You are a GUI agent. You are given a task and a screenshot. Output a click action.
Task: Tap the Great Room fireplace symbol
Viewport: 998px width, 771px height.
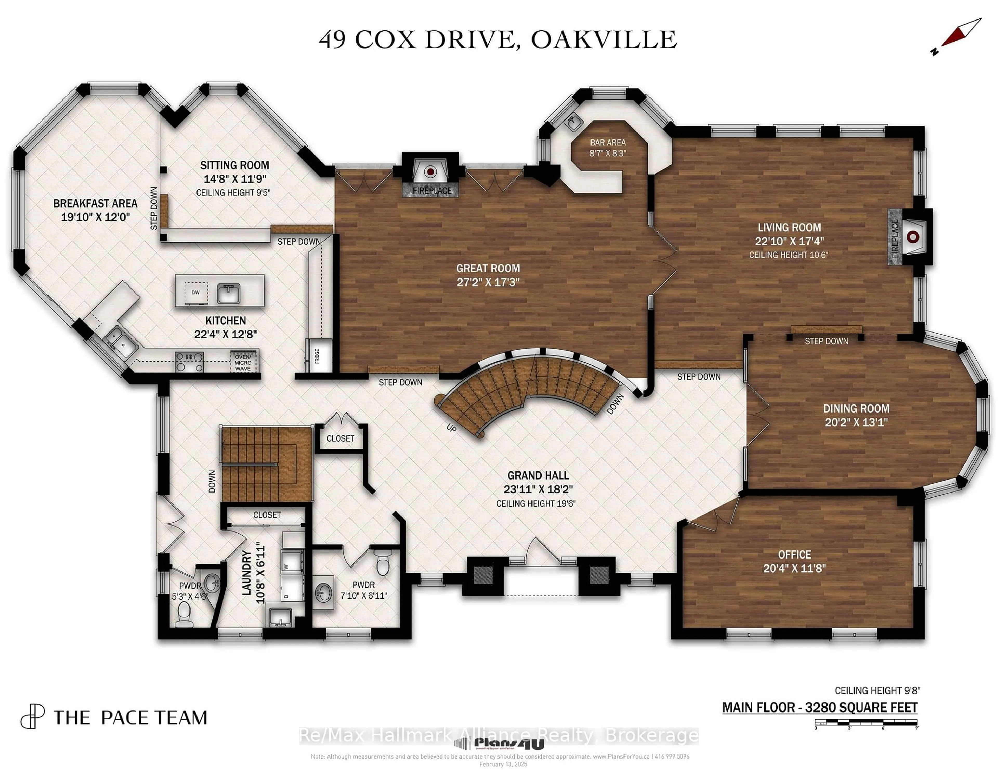tap(430, 172)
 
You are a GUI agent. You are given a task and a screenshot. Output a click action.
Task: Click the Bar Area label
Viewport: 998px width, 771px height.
tap(608, 143)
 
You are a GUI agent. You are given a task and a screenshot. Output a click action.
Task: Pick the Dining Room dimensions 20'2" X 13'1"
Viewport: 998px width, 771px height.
tap(856, 422)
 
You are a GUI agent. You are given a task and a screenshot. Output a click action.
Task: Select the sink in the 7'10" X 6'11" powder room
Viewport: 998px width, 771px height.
tap(324, 594)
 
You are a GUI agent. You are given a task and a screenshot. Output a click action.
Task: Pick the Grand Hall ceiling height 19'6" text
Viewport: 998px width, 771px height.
tap(536, 503)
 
